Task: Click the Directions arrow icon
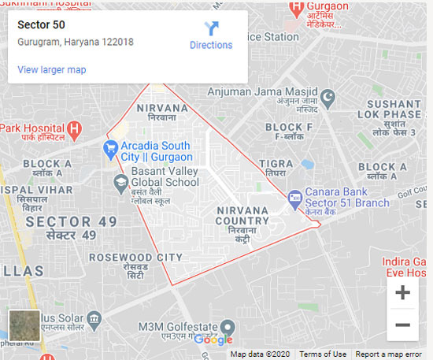coord(211,29)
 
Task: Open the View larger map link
coord(52,70)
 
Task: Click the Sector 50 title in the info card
coord(41,24)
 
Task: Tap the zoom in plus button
coord(402,293)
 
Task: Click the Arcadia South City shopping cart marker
coord(111,147)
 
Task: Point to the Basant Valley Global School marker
coord(121,184)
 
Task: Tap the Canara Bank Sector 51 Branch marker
coord(294,197)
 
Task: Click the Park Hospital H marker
coord(74,128)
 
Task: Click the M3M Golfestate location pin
coord(227,327)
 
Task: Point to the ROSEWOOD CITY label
coord(135,258)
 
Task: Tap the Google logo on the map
coord(213,340)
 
